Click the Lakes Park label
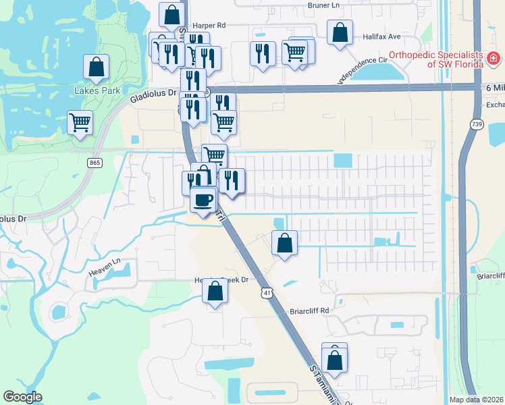tap(97, 90)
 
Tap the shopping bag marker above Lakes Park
tap(97, 67)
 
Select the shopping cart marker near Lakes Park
tap(80, 123)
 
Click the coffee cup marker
tap(203, 199)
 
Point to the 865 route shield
tap(94, 162)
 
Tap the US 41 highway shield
tap(268, 293)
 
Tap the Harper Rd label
tap(208, 25)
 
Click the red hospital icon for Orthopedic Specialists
tap(494, 60)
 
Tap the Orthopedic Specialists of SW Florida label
tap(436, 59)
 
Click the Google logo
tap(22, 397)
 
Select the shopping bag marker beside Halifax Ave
tap(340, 32)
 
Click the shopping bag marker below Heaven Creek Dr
tap(215, 292)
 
